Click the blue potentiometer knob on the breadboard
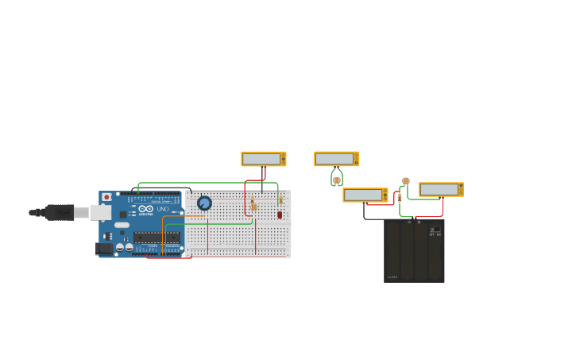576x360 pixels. pos(204,203)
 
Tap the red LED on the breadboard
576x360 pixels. pos(280,215)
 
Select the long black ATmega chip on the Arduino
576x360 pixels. pos(156,237)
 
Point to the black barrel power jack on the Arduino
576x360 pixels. pos(103,248)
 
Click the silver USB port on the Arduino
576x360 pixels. pos(100,212)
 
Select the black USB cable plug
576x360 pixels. pos(60,212)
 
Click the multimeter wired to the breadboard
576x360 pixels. pos(263,159)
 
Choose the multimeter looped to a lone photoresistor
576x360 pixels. pos(336,159)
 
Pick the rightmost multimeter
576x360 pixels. pos(441,189)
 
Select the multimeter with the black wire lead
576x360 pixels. pos(365,195)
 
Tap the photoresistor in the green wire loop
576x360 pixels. pos(337,180)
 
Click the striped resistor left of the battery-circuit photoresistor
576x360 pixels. pos(399,196)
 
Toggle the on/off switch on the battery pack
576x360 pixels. pos(435,230)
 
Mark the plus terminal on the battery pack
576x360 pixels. pos(419,222)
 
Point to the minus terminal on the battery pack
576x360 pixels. pos(409,222)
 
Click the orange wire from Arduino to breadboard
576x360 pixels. pos(163,230)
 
